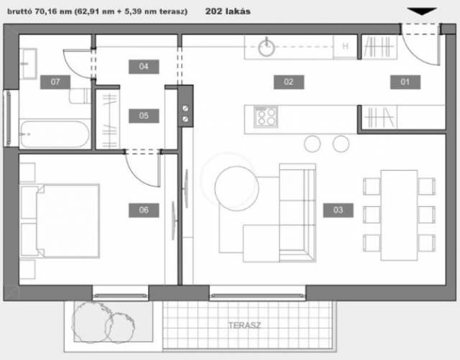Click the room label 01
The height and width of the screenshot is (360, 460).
(405, 82)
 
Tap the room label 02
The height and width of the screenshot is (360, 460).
(289, 82)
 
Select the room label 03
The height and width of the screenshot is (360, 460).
(338, 210)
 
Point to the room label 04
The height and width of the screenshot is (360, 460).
(144, 67)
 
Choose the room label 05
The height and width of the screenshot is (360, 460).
(144, 116)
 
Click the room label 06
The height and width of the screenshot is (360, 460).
(144, 210)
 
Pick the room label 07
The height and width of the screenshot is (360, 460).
(55, 82)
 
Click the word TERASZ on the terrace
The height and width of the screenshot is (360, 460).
(244, 325)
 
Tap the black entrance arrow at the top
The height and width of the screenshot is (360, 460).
(422, 11)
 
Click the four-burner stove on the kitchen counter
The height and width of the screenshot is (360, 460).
(266, 117)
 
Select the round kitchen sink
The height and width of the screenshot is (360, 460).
(267, 47)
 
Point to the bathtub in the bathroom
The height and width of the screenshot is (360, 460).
(55, 134)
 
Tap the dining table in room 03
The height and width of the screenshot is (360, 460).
(400, 216)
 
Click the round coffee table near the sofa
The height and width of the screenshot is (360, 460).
(236, 188)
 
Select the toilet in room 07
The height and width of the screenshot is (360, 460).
(80, 96)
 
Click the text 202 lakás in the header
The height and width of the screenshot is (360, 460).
(228, 11)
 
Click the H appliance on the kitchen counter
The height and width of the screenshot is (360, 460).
(345, 47)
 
